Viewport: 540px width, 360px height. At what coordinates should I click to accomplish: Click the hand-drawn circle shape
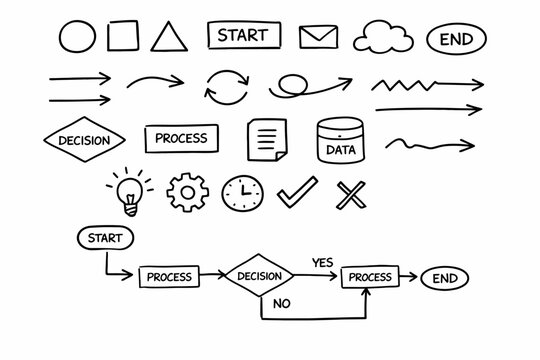[x=78, y=38]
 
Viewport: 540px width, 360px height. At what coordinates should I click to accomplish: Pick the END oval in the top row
[x=456, y=40]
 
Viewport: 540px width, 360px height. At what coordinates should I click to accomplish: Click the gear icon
[x=184, y=191]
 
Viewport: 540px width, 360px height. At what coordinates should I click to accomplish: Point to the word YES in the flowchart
[x=322, y=262]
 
